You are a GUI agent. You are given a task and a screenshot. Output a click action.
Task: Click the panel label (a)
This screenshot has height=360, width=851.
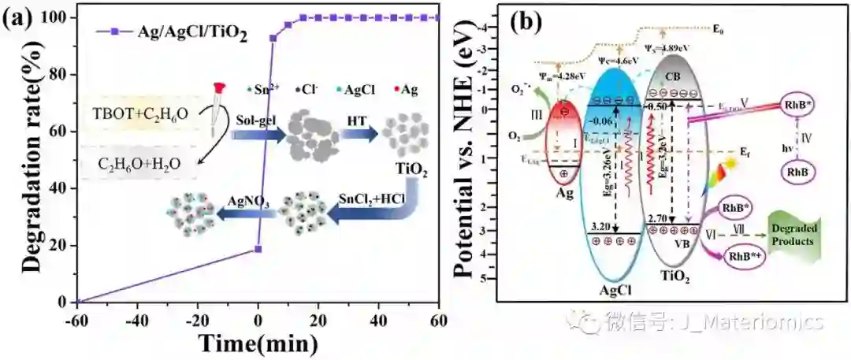[x=17, y=17]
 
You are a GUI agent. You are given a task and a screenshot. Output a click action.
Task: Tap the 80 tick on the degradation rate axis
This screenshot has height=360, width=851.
[x=65, y=74]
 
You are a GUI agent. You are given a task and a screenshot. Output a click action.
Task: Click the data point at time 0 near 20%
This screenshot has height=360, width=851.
[x=258, y=249]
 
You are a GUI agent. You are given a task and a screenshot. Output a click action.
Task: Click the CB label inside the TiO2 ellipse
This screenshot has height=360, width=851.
[x=675, y=76]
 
